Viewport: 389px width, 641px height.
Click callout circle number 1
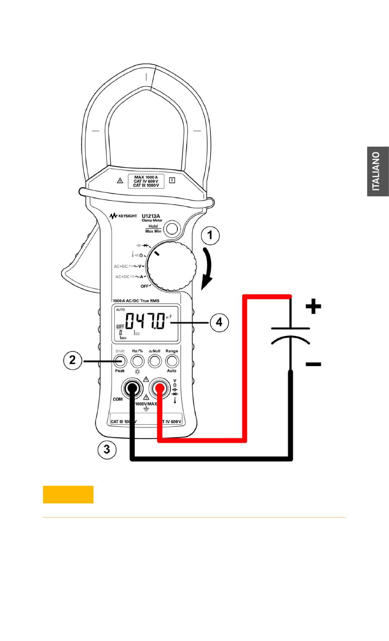(x=210, y=236)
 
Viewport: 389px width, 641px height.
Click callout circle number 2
(x=72, y=360)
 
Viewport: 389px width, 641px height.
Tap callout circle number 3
(x=106, y=449)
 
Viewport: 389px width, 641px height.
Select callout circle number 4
(x=219, y=322)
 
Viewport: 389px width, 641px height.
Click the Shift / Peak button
(x=120, y=361)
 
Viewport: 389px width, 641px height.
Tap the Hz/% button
(x=137, y=361)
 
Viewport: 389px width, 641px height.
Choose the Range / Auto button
(x=172, y=361)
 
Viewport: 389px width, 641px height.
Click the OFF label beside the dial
(x=145, y=286)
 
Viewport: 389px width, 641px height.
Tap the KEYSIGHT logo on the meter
(x=123, y=216)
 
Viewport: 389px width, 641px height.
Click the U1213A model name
(x=151, y=216)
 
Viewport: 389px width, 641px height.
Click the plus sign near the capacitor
(x=313, y=306)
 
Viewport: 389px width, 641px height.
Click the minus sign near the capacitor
(x=313, y=364)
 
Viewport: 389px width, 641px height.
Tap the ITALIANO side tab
(x=378, y=171)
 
